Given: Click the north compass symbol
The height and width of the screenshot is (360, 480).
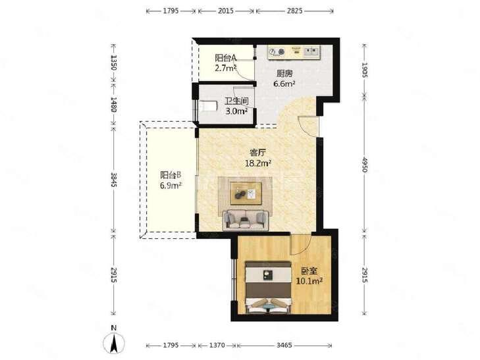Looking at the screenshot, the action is [113, 342].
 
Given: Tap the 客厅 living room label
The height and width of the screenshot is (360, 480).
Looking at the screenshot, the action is [257, 152].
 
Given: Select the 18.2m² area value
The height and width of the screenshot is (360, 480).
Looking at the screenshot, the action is [258, 163].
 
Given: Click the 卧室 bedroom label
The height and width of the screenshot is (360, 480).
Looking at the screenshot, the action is [309, 270].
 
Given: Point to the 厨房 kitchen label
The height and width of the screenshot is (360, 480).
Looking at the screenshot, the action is [284, 74].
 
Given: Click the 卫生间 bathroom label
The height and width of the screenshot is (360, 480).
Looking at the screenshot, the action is [236, 101].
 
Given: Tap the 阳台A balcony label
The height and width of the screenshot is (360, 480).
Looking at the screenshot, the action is [226, 58].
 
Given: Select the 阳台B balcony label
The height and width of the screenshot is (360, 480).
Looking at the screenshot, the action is [171, 175].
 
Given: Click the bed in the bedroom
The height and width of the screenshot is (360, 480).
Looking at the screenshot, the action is [269, 287].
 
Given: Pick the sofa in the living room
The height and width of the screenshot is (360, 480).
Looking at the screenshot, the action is [246, 220].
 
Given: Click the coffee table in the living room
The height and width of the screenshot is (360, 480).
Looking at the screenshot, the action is [246, 193].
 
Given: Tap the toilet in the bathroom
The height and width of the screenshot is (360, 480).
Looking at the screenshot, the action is [207, 106].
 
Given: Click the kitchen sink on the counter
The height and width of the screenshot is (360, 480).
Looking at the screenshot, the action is [311, 51].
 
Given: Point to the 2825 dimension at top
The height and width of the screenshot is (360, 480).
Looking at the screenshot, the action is [294, 11].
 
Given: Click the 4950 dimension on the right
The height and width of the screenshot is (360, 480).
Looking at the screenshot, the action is [364, 165].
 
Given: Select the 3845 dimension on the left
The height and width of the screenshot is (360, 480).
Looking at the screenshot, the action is [113, 180].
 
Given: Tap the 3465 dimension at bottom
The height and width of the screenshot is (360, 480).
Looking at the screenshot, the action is [284, 346].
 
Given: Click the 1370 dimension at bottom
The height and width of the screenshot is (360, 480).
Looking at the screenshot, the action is [217, 346].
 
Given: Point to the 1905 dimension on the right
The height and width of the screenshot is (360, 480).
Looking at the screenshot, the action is [364, 70].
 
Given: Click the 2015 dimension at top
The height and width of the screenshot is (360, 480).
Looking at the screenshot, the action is [226, 11].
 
